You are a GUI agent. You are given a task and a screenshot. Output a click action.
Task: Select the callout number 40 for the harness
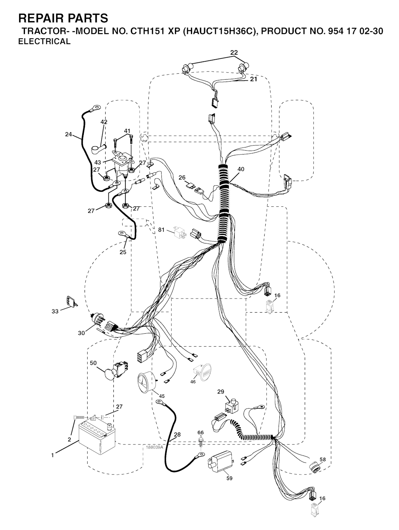click(x=240, y=169)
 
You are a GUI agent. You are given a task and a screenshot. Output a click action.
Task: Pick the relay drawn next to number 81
click(x=180, y=232)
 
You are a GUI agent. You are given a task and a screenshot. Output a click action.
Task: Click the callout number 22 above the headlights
click(x=234, y=52)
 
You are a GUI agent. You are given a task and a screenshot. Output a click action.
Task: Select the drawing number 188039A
click(x=154, y=447)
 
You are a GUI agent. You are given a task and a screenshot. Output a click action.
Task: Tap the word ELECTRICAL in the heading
click(x=44, y=41)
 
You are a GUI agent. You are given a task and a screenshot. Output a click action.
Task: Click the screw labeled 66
click(x=200, y=441)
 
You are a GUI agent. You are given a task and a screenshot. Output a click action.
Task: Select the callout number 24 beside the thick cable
click(x=69, y=134)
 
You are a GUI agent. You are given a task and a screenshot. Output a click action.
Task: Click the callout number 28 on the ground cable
click(x=177, y=435)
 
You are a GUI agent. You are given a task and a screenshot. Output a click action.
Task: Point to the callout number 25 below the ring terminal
click(x=123, y=252)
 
